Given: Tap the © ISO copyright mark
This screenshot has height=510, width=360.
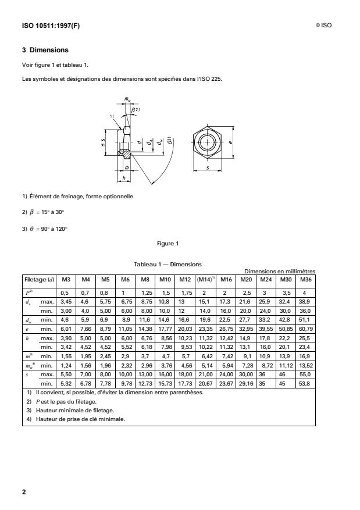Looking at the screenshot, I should pyautogui.click(x=323, y=26).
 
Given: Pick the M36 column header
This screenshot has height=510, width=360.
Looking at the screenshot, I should pyautogui.click(x=305, y=279).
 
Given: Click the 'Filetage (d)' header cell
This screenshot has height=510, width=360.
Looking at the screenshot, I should pyautogui.click(x=38, y=279).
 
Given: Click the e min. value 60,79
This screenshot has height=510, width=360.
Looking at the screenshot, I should pyautogui.click(x=305, y=327).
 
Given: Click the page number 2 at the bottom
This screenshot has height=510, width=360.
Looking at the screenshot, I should pyautogui.click(x=24, y=492).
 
